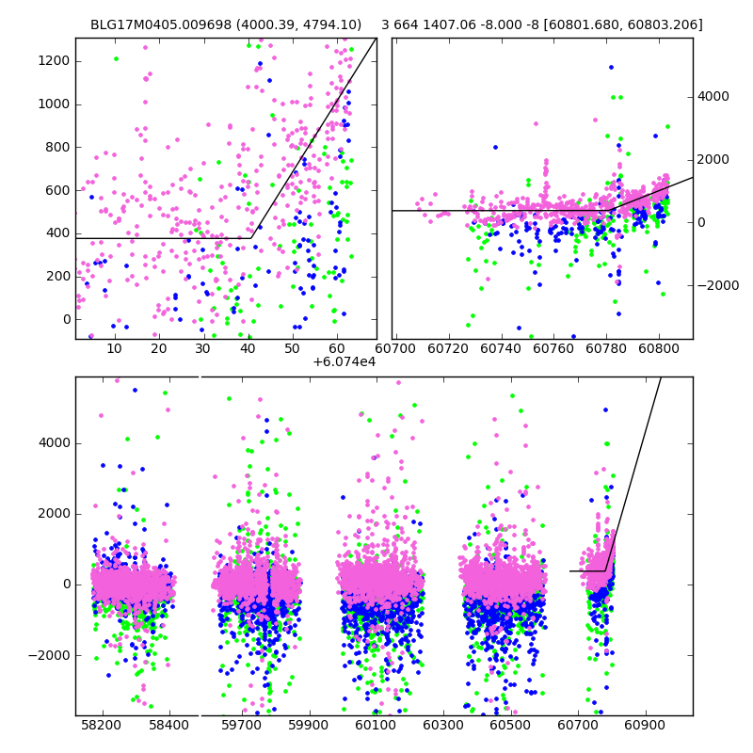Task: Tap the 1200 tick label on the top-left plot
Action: pyautogui.click(x=54, y=61)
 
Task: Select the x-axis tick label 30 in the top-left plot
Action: pyautogui.click(x=202, y=349)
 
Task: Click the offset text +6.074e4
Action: pyautogui.click(x=344, y=361)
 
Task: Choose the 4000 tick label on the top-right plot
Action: pyautogui.click(x=713, y=96)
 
